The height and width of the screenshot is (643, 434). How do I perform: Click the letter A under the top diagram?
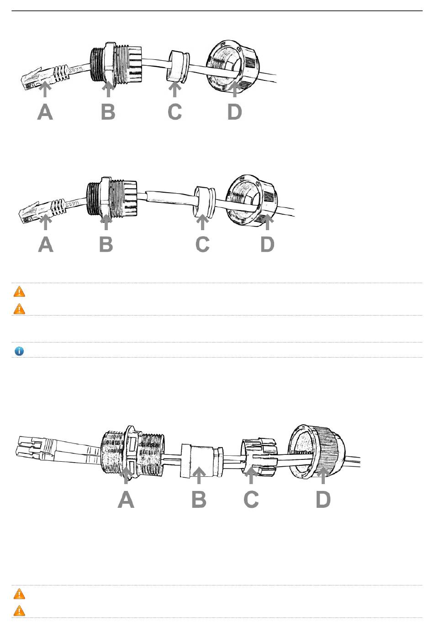coord(45,112)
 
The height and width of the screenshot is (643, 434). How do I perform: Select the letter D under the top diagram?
coord(234,112)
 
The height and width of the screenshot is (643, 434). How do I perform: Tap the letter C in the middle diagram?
coord(202,244)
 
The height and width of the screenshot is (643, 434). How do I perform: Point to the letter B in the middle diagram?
coord(106,244)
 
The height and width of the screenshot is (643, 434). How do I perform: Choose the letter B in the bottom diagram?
coord(199,500)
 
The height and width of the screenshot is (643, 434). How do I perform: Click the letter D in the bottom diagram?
coord(323,500)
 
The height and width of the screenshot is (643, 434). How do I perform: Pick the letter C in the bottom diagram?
coord(251,500)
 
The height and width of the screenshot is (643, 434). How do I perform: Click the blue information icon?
coord(19,351)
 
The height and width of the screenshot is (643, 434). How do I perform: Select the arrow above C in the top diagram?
coord(175,89)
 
